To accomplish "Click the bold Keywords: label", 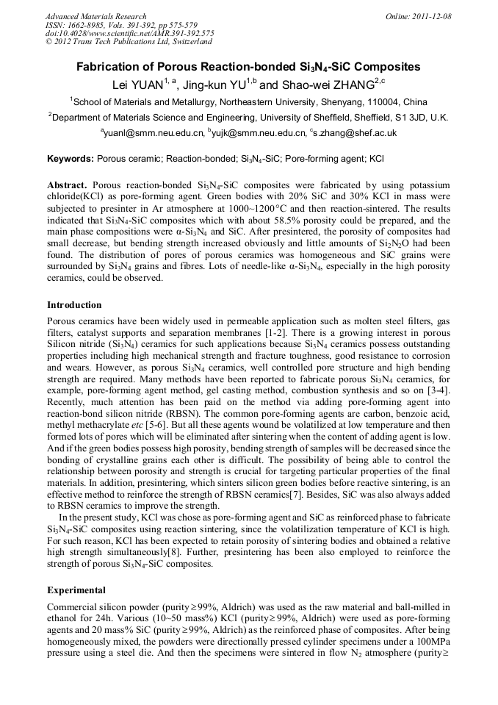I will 70,159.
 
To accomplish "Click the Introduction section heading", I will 74,304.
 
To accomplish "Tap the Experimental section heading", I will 76,590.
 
